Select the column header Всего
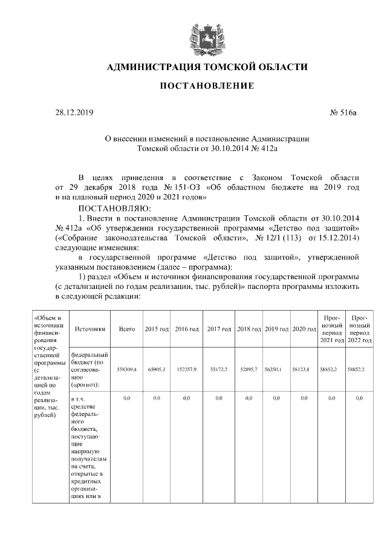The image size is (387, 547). tap(127, 329)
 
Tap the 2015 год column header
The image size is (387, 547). tap(157, 329)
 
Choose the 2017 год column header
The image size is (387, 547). tap(219, 329)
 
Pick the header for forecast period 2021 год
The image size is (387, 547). tap(332, 329)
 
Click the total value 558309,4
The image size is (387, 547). tap(127, 369)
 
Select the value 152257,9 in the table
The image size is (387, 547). tap(186, 369)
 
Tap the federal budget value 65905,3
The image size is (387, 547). tap(157, 369)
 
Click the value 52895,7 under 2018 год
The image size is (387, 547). tap(249, 369)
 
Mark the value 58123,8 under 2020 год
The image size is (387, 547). tap(304, 369)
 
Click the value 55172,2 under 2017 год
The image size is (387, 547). tap(219, 369)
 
